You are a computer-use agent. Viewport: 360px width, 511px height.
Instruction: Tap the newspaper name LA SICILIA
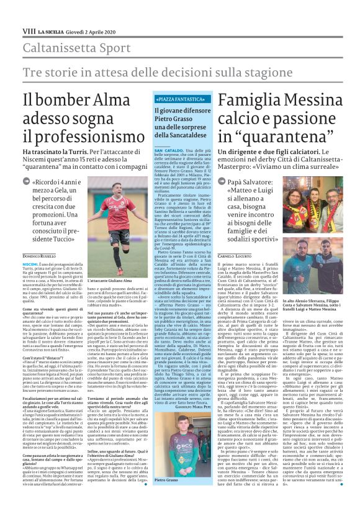50,30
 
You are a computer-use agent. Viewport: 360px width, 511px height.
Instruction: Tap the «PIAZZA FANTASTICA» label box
182,98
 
